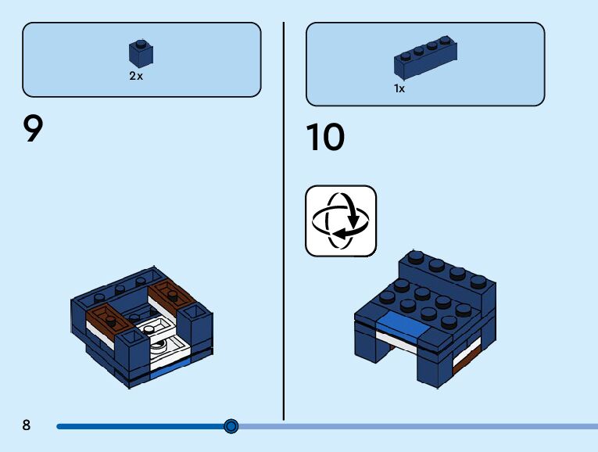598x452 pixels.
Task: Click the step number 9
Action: click(x=33, y=129)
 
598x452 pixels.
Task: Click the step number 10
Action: click(x=324, y=138)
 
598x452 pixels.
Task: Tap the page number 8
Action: click(x=27, y=425)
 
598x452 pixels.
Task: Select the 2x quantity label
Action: click(x=136, y=77)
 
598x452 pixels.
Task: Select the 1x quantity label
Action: click(x=399, y=89)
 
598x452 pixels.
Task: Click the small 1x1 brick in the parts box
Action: click(x=141, y=53)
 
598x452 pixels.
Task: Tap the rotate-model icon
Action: click(x=340, y=221)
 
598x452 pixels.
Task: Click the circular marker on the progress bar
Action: click(x=231, y=426)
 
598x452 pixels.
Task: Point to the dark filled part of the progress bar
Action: click(x=141, y=426)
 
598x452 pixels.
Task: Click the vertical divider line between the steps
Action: click(x=283, y=219)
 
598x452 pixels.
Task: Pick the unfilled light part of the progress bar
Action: click(x=414, y=426)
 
